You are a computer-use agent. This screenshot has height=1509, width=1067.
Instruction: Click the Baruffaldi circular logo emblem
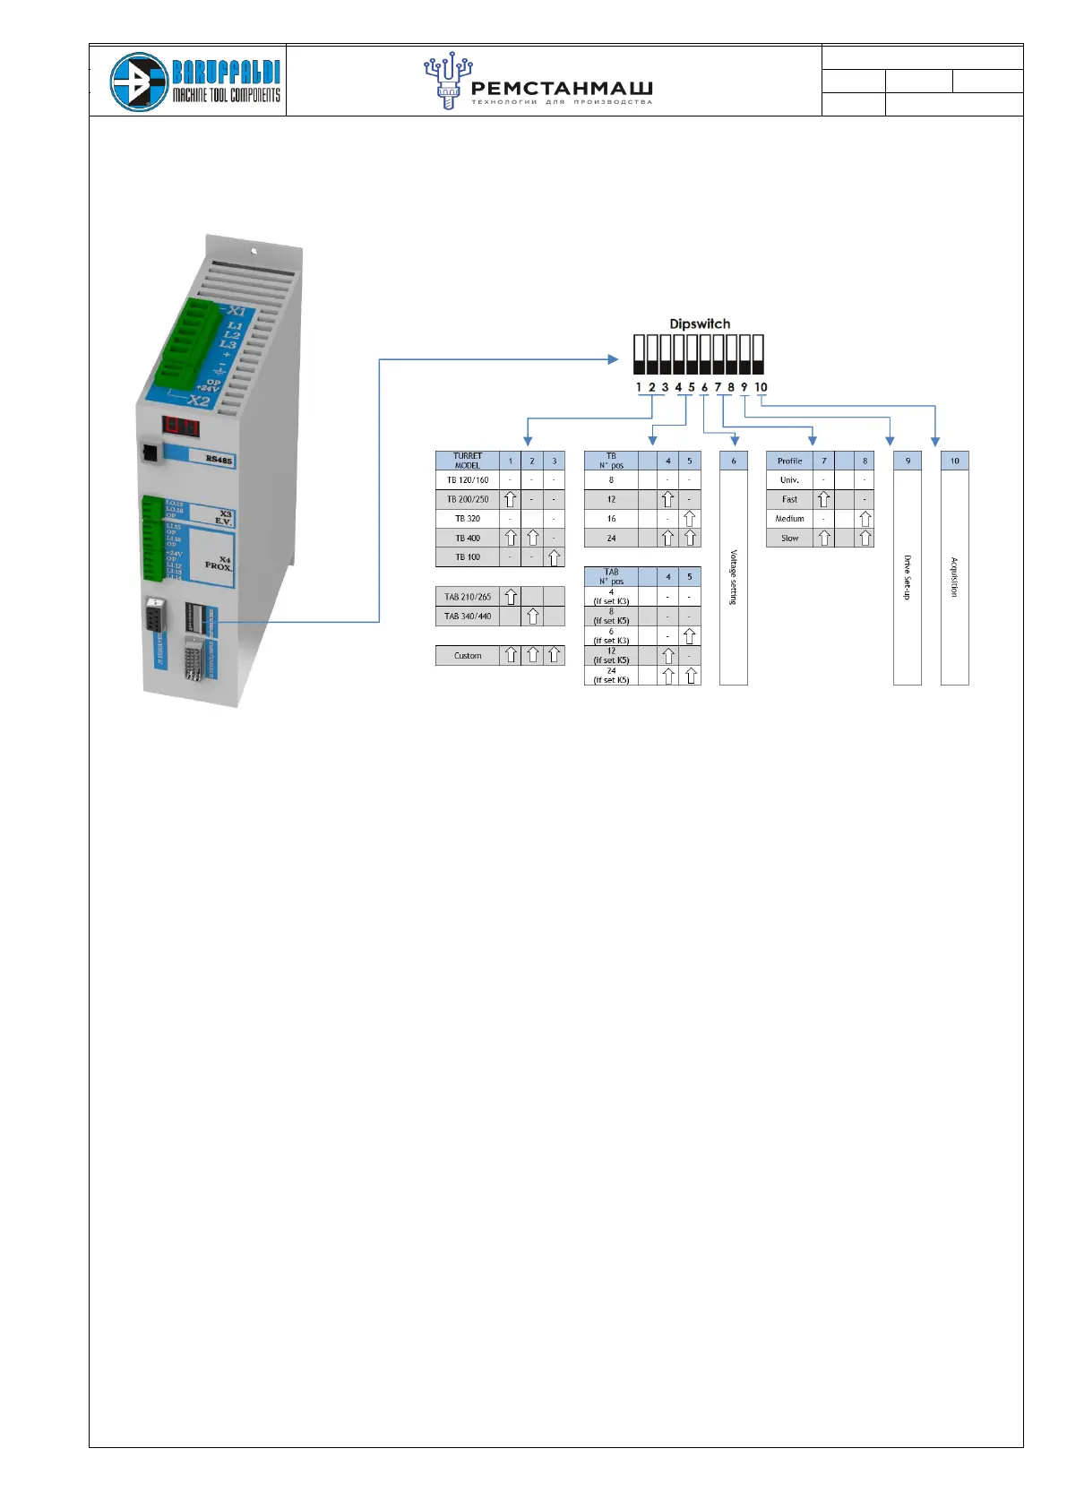(139, 82)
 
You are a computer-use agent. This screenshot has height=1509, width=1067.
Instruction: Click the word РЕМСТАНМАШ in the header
(561, 88)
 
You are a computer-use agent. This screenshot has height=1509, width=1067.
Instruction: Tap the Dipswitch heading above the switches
(700, 323)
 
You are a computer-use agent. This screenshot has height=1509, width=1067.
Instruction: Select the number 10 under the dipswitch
(761, 387)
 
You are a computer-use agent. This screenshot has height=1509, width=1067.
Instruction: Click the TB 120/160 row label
(468, 480)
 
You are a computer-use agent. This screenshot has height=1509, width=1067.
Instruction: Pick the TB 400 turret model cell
(468, 539)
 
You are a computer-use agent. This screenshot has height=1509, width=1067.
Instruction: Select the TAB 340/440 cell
(468, 617)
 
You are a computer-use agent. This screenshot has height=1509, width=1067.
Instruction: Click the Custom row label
(468, 656)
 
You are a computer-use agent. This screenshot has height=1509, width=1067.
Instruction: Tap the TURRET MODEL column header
(468, 461)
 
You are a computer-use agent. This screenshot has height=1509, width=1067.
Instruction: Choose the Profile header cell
(789, 461)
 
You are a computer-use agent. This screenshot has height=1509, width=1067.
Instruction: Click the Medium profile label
(789, 519)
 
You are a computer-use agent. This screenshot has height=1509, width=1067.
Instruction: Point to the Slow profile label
(789, 539)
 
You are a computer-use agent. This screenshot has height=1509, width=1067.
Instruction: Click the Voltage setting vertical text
(734, 577)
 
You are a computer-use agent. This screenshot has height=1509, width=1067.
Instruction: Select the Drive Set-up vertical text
(907, 577)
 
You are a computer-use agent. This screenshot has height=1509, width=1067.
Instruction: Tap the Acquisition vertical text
(954, 577)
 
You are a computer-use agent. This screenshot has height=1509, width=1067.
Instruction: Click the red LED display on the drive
(180, 426)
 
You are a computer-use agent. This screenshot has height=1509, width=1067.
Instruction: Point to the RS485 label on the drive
(219, 460)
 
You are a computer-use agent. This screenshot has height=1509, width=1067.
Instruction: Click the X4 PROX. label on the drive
(218, 564)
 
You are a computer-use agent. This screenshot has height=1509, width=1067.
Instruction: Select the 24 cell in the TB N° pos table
(611, 539)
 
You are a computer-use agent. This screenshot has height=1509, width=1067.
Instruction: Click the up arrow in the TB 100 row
(555, 557)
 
